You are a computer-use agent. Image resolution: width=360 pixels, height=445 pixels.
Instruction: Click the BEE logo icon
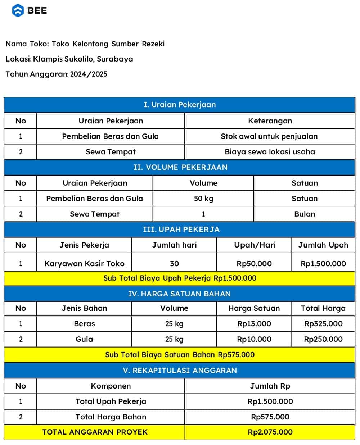coord(18,10)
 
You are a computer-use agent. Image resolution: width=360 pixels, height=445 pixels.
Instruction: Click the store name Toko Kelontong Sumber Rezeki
coord(108,44)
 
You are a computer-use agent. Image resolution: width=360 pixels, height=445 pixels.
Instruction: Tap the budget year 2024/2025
coord(89,74)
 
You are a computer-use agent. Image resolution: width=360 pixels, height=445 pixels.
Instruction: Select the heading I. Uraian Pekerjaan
coord(180,105)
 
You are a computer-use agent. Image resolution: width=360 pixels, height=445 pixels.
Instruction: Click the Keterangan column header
coord(270,121)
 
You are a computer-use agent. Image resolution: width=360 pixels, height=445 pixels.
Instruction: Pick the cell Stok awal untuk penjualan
coord(269,136)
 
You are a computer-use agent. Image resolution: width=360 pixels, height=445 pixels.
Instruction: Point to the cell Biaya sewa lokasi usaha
coord(270,152)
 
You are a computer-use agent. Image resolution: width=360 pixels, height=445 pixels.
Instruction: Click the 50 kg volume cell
coord(203,199)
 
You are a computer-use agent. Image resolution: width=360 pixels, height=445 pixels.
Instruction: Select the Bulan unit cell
coord(305,214)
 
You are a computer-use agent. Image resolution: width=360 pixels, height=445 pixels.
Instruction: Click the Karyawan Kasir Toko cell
coord(84,264)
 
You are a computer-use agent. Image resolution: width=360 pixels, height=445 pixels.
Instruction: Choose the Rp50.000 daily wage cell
coord(254,264)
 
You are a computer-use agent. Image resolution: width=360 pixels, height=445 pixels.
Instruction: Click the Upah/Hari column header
coord(255,245)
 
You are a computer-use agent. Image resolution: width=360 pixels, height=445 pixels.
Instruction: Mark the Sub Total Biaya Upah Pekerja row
coord(180,278)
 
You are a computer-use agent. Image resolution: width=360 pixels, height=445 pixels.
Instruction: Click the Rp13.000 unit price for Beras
coord(254,324)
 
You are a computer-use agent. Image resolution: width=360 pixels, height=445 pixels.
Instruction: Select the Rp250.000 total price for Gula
coord(323,339)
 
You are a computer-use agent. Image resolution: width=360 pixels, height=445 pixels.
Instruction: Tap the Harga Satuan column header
coord(254,308)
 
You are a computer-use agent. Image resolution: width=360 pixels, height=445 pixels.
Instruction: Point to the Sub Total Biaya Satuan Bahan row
coord(180,355)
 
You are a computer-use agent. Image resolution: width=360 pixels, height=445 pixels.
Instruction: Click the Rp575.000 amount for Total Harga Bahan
coord(270,417)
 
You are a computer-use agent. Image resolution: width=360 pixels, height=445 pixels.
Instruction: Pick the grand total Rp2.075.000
coord(270,432)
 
